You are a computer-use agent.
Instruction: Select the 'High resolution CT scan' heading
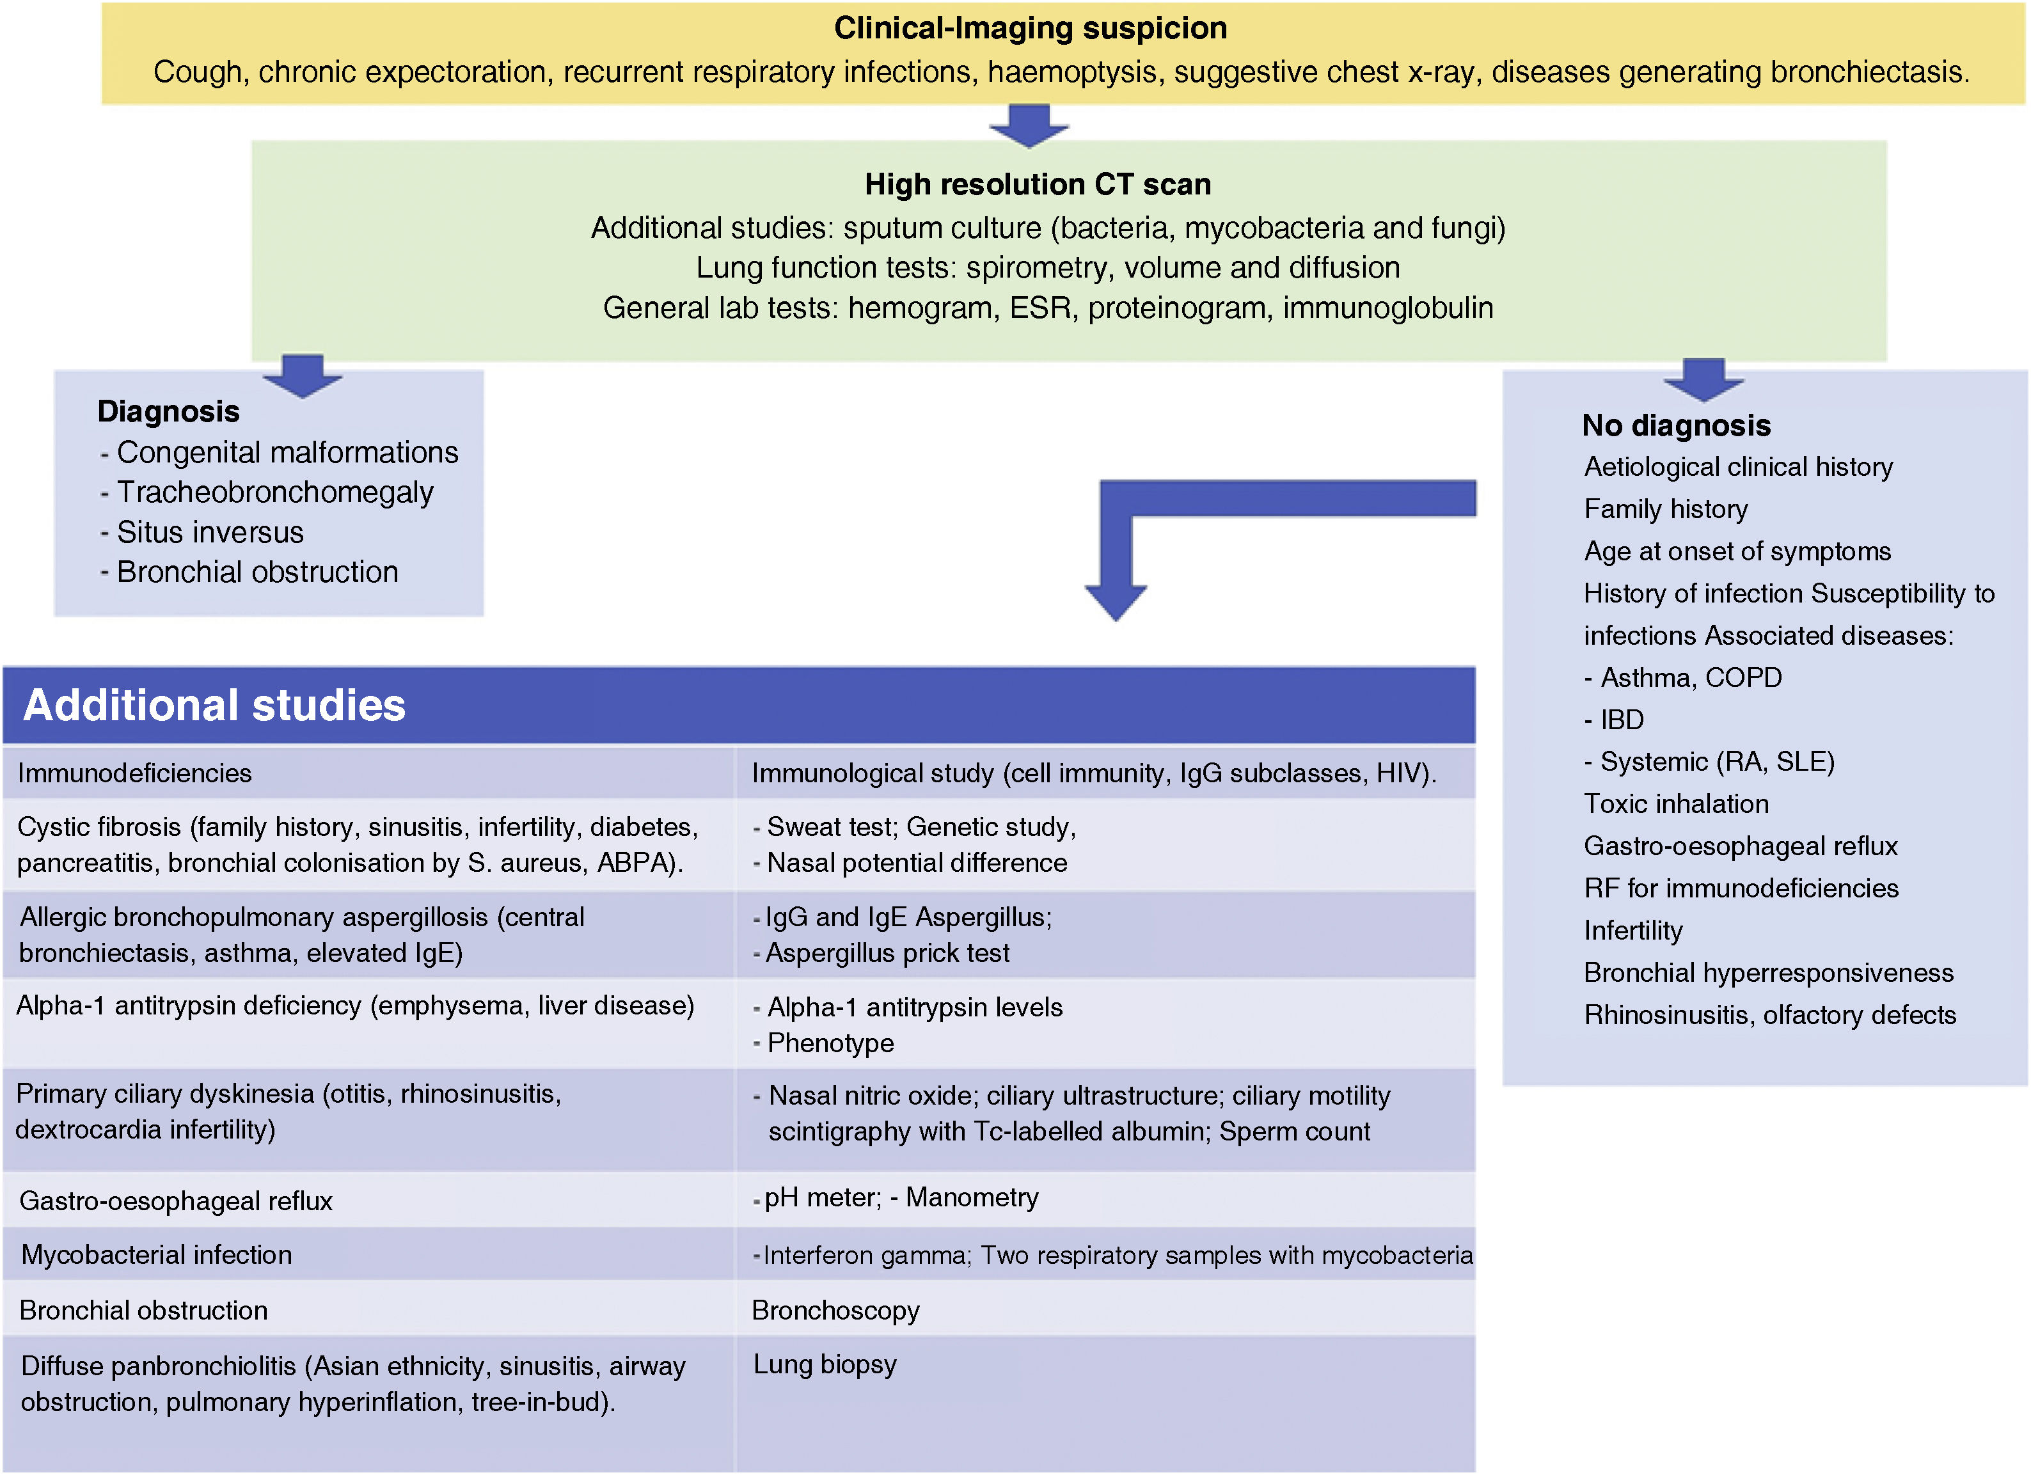tap(1037, 184)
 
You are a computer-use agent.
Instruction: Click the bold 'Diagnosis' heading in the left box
tap(168, 411)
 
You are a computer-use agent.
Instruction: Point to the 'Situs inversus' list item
tap(210, 532)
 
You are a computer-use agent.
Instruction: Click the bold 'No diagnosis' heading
tap(1675, 425)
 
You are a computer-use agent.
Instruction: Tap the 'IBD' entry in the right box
tap(1621, 719)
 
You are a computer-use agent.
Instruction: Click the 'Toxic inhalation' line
tap(1675, 803)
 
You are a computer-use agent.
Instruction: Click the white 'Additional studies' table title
tap(214, 705)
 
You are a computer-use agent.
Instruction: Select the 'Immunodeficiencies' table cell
tap(134, 773)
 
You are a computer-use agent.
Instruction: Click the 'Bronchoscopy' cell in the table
tap(835, 1310)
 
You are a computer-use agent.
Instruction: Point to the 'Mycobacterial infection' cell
tap(156, 1255)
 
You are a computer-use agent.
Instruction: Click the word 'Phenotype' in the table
tap(830, 1043)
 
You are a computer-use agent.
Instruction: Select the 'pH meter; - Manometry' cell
tap(900, 1197)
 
